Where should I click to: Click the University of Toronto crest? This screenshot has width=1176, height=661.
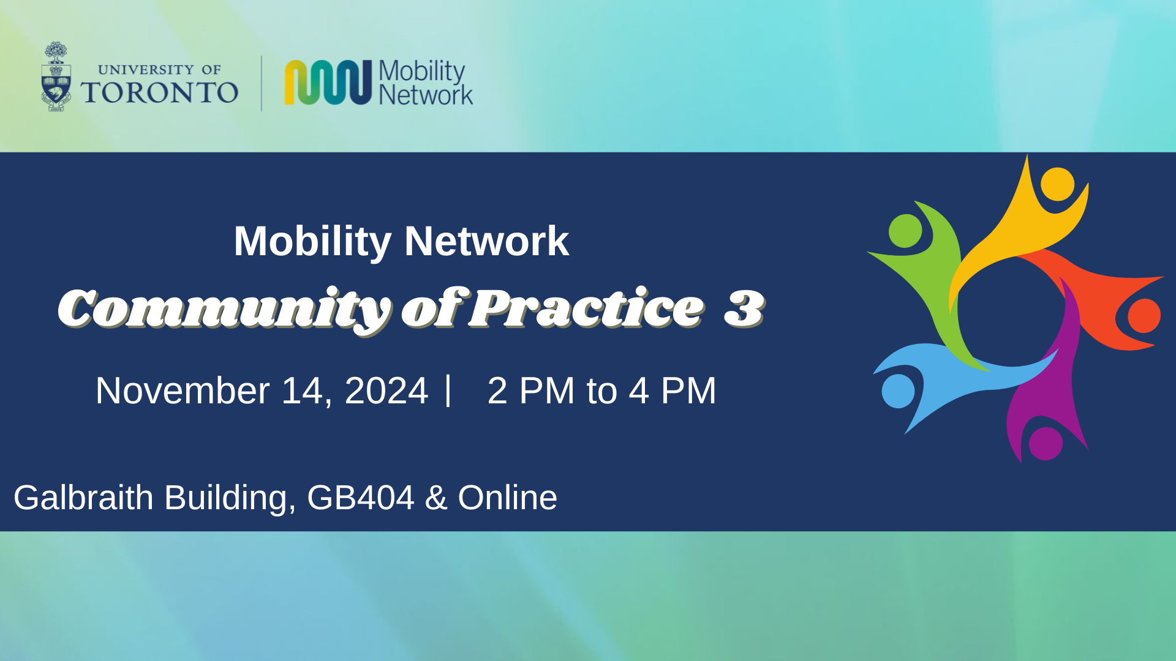tap(56, 77)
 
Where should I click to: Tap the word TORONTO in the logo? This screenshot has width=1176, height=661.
tap(159, 92)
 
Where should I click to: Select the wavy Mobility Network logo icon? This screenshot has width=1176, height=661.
tap(328, 82)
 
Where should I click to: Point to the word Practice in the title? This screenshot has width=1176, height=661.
tap(587, 308)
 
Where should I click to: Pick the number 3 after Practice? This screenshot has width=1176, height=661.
tap(744, 308)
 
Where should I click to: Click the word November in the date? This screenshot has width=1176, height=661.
tap(183, 390)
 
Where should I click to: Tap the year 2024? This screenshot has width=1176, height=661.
tap(386, 390)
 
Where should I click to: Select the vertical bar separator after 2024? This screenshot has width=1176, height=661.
tap(449, 390)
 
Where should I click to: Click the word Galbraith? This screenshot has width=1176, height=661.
tap(83, 498)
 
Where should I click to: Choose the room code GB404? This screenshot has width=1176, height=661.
tap(361, 498)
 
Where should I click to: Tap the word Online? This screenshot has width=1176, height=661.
tap(508, 498)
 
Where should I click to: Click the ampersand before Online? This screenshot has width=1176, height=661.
tap(436, 498)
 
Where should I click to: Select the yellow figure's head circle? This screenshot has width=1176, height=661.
tap(1057, 184)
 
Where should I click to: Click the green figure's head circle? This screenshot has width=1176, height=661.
tap(905, 231)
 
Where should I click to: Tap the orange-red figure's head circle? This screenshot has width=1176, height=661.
tap(1144, 316)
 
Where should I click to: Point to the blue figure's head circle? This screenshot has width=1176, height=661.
tap(898, 391)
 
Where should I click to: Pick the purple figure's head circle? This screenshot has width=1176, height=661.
tap(1046, 443)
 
